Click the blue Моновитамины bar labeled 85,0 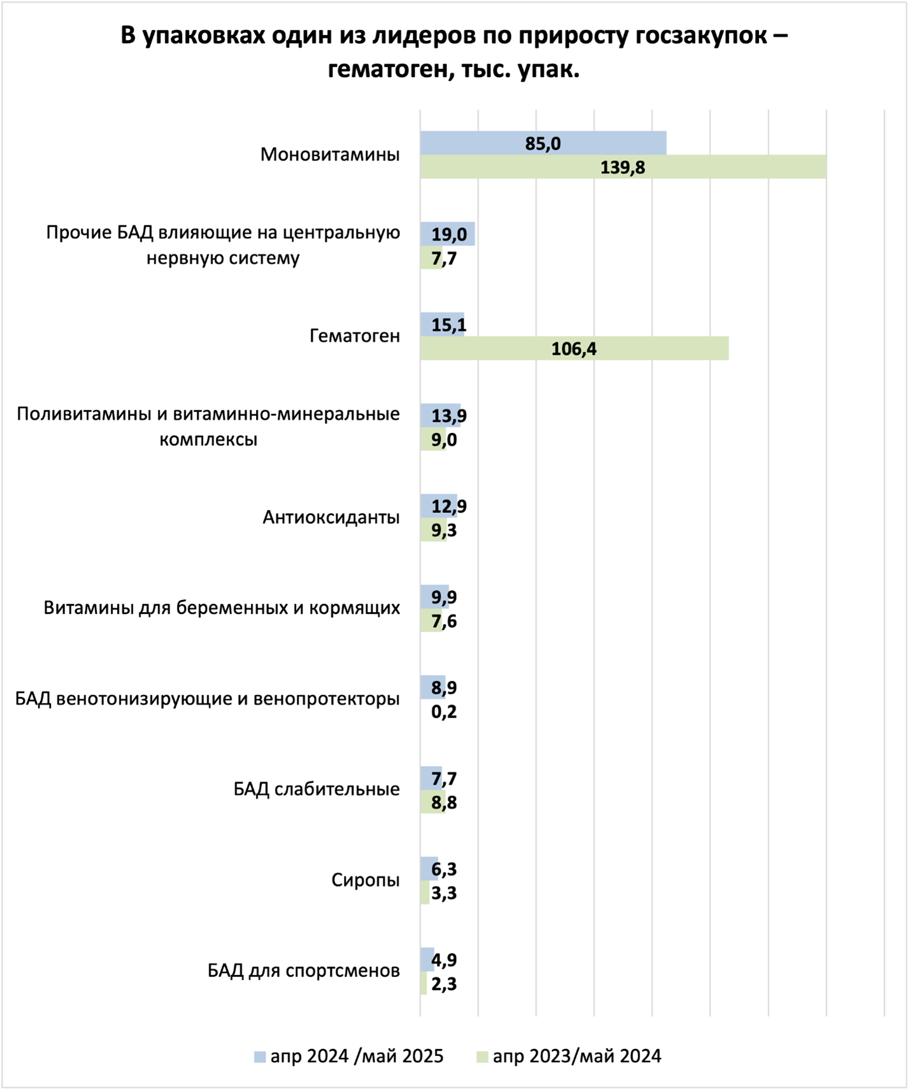click(543, 143)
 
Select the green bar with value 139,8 click(622, 168)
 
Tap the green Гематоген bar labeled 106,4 click(574, 349)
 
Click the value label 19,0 click(449, 234)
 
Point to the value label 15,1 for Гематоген click(449, 325)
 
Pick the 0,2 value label click(444, 711)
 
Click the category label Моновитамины click(330, 155)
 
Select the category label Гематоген click(355, 336)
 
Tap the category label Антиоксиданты click(331, 517)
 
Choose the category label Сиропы click(366, 880)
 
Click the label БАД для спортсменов click(304, 971)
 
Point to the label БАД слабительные click(316, 790)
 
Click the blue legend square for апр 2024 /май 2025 click(259, 1057)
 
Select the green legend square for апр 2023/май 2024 click(482, 1057)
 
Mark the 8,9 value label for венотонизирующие click(444, 688)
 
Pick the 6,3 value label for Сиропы click(444, 869)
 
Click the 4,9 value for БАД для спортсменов click(444, 960)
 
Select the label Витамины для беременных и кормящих click(222, 608)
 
